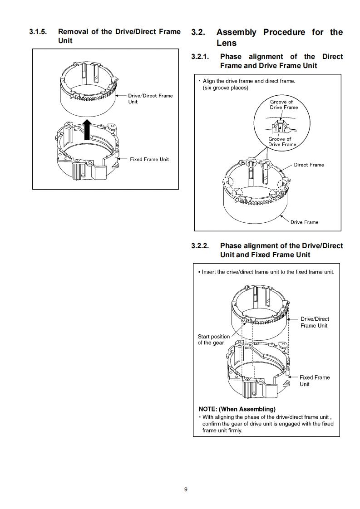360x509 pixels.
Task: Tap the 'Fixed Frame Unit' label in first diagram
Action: click(x=149, y=159)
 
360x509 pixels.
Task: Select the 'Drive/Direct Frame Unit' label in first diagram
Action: click(x=150, y=98)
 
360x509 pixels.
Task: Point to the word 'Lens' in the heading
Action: click(x=226, y=43)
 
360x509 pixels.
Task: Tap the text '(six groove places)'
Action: click(x=225, y=88)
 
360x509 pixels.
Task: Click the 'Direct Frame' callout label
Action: click(x=309, y=165)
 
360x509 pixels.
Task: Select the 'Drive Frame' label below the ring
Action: click(x=304, y=222)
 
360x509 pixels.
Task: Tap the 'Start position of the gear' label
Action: click(x=213, y=339)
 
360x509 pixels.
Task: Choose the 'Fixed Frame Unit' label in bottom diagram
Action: click(x=314, y=381)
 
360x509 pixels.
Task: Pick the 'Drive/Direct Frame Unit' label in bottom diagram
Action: click(x=314, y=322)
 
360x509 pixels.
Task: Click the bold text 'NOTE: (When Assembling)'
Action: click(x=237, y=409)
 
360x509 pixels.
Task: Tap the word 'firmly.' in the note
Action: click(x=233, y=431)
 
